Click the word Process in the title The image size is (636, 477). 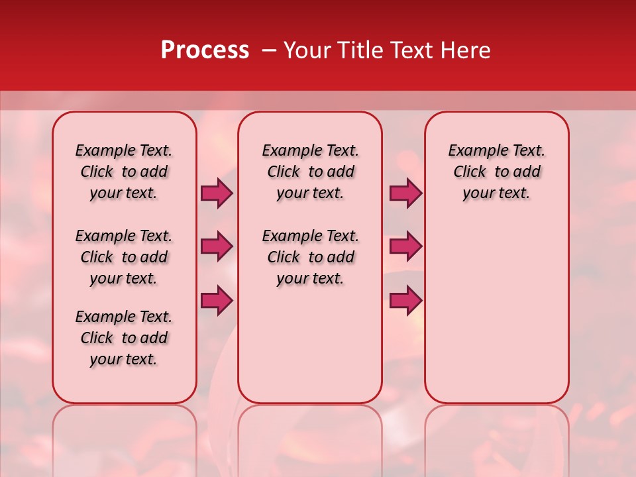pos(205,50)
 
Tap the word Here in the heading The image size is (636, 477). pos(464,50)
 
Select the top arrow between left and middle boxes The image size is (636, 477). pos(217,193)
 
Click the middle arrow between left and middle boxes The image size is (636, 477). pos(217,246)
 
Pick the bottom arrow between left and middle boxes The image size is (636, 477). pos(217,300)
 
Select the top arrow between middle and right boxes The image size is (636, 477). pos(405,193)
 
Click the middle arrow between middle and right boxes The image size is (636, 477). pos(405,246)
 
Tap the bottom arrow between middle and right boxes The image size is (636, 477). pos(405,300)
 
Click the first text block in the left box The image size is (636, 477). pos(124,172)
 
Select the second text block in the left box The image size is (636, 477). pos(124,257)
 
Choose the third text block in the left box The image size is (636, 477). pos(124,338)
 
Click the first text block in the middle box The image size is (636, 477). pos(310,172)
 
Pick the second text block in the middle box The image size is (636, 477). pos(310,257)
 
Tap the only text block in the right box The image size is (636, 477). pos(496,172)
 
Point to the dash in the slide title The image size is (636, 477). pos(268,51)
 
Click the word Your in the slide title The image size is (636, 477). pos(307,50)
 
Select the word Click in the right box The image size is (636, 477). pos(470,172)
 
